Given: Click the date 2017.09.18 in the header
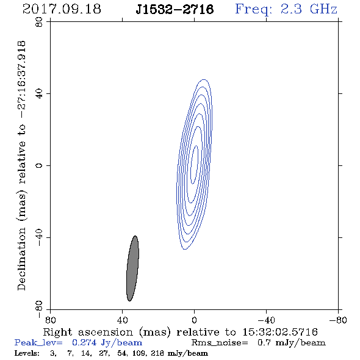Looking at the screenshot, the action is pyautogui.click(x=62, y=9).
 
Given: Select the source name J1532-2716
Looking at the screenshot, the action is pyautogui.click(x=175, y=9).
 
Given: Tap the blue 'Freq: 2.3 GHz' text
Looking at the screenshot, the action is pyautogui.click(x=286, y=9).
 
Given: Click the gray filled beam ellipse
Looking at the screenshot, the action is pyautogui.click(x=132, y=268).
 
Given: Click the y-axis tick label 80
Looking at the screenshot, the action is pyautogui.click(x=39, y=22).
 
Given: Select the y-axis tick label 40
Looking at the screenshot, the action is pyautogui.click(x=39, y=94).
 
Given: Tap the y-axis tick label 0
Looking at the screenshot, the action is pyautogui.click(x=39, y=165).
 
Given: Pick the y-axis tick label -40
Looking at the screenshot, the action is pyautogui.click(x=39, y=237).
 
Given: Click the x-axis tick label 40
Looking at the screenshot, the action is pyautogui.click(x=122, y=320).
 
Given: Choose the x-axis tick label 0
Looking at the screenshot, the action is pyautogui.click(x=194, y=320).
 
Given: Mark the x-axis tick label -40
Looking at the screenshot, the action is pyautogui.click(x=266, y=320).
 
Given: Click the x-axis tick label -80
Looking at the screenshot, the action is pyautogui.click(x=338, y=320).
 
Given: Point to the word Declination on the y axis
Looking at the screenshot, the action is pyautogui.click(x=21, y=259).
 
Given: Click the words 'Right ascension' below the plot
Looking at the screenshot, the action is pyautogui.click(x=88, y=332).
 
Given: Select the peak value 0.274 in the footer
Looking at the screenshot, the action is pyautogui.click(x=84, y=342).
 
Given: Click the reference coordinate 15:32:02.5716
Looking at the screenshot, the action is pyautogui.click(x=280, y=332).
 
